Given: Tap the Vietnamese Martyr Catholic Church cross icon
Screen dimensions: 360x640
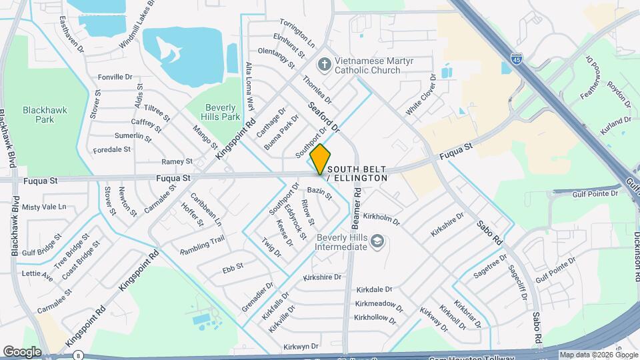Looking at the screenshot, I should tap(325, 65).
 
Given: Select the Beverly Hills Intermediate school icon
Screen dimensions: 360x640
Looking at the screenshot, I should tap(377, 240).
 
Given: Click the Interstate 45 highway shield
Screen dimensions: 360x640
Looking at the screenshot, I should tap(517, 59).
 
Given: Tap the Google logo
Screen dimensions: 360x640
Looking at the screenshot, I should tap(22, 351).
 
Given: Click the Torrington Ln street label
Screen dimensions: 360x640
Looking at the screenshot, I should tap(297, 29).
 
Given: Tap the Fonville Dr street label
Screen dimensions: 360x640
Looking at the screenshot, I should tap(116, 77).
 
